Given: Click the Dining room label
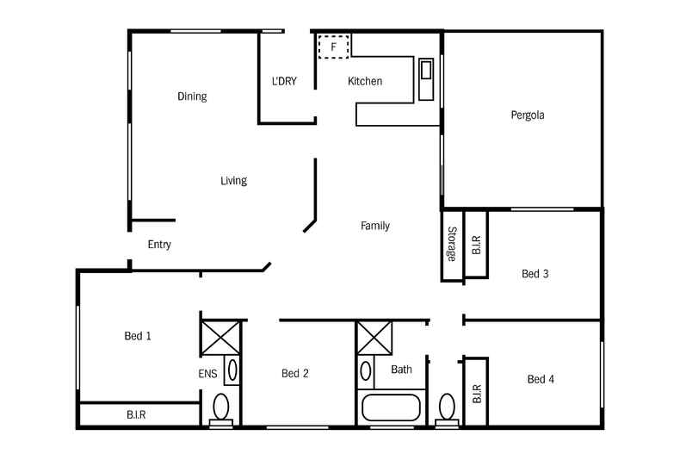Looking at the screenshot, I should [x=192, y=96].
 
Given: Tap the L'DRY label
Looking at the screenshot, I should [x=284, y=82].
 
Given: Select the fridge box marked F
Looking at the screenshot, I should [x=333, y=46].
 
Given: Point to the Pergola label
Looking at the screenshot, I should [x=528, y=115].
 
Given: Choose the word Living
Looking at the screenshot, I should [x=233, y=181].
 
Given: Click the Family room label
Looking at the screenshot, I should [x=374, y=226].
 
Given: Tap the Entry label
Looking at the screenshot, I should [x=159, y=245].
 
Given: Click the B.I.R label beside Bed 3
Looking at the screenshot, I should [x=476, y=245].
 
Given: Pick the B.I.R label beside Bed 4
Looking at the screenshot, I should [x=476, y=394].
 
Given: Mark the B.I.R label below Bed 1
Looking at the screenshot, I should [x=136, y=414].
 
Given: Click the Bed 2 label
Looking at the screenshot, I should [x=295, y=374].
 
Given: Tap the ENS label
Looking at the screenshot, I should [x=208, y=374].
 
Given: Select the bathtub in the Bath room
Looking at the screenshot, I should [x=392, y=407].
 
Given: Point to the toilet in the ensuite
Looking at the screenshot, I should [x=221, y=407].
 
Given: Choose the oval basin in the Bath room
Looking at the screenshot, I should [x=366, y=371].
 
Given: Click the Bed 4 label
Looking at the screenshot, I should [x=541, y=379].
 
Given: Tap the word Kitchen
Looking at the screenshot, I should [x=365, y=82].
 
